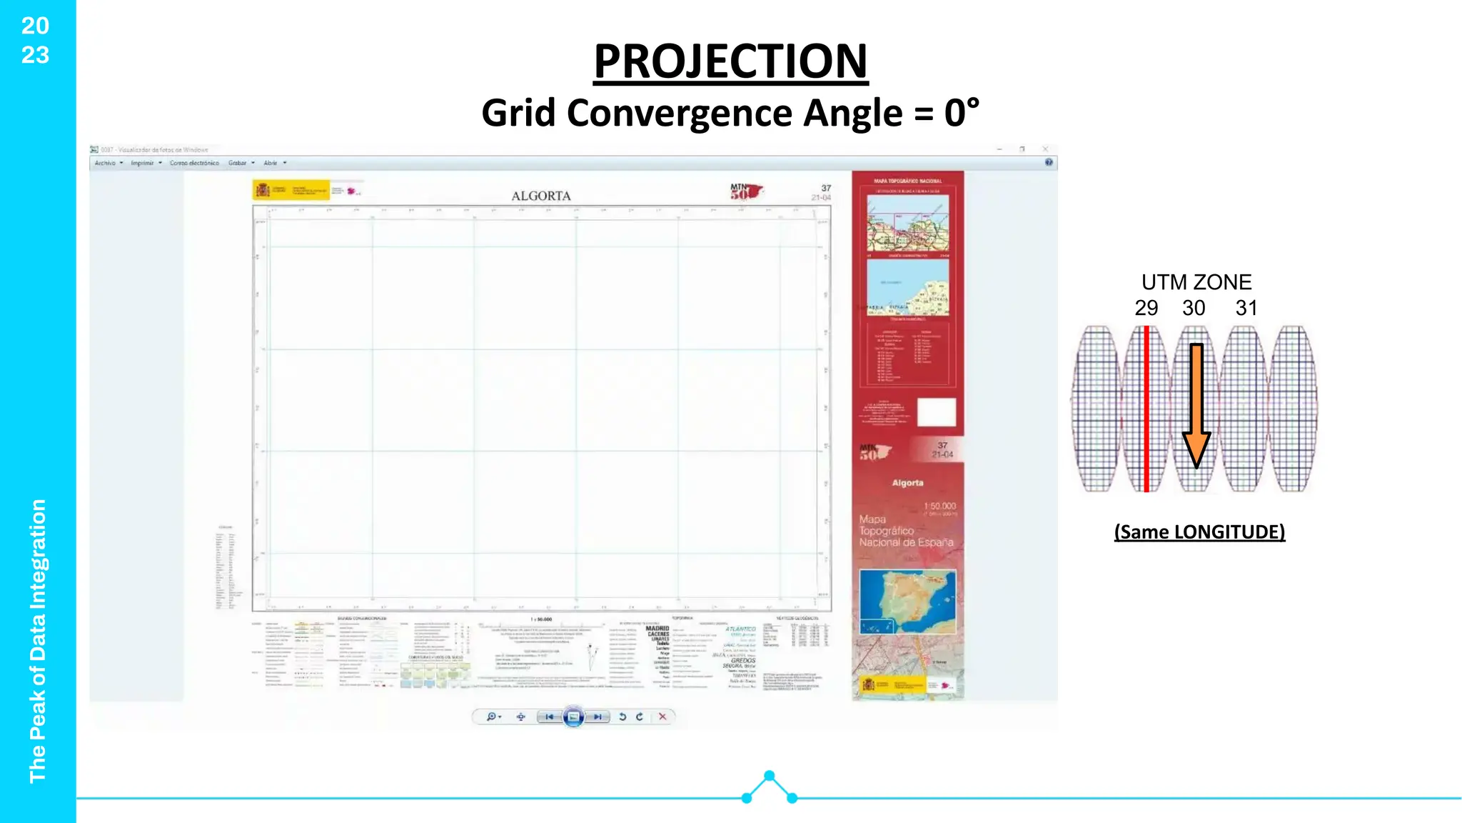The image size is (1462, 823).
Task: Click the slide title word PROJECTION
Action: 730,61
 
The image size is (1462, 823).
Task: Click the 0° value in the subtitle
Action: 961,113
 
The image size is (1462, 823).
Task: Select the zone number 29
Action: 1146,308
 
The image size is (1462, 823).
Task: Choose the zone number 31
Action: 1246,308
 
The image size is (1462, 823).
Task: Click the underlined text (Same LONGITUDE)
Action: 1199,532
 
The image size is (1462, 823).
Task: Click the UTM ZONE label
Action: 1196,282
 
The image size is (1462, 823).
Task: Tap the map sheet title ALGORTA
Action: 541,196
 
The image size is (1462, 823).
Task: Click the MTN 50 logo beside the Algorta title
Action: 745,191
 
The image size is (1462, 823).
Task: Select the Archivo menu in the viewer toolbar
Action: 106,163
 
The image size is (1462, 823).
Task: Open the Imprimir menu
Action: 143,163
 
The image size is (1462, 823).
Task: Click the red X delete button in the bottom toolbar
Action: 662,717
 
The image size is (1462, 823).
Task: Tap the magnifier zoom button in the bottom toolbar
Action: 491,717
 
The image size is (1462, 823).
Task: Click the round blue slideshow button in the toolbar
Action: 573,717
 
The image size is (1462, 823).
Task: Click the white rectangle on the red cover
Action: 936,412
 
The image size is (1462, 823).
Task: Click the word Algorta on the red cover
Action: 907,483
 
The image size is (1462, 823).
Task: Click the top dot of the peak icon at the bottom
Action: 769,776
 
